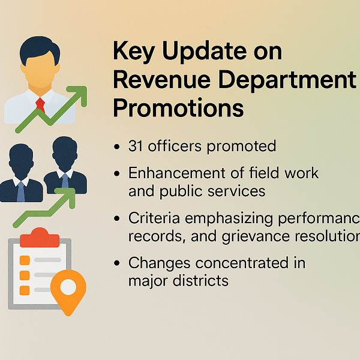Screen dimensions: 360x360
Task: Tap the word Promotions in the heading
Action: point(178,108)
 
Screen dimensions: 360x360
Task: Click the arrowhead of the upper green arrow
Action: point(77,96)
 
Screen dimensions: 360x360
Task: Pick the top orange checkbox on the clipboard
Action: point(25,260)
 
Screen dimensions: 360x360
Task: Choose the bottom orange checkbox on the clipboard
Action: point(25,290)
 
